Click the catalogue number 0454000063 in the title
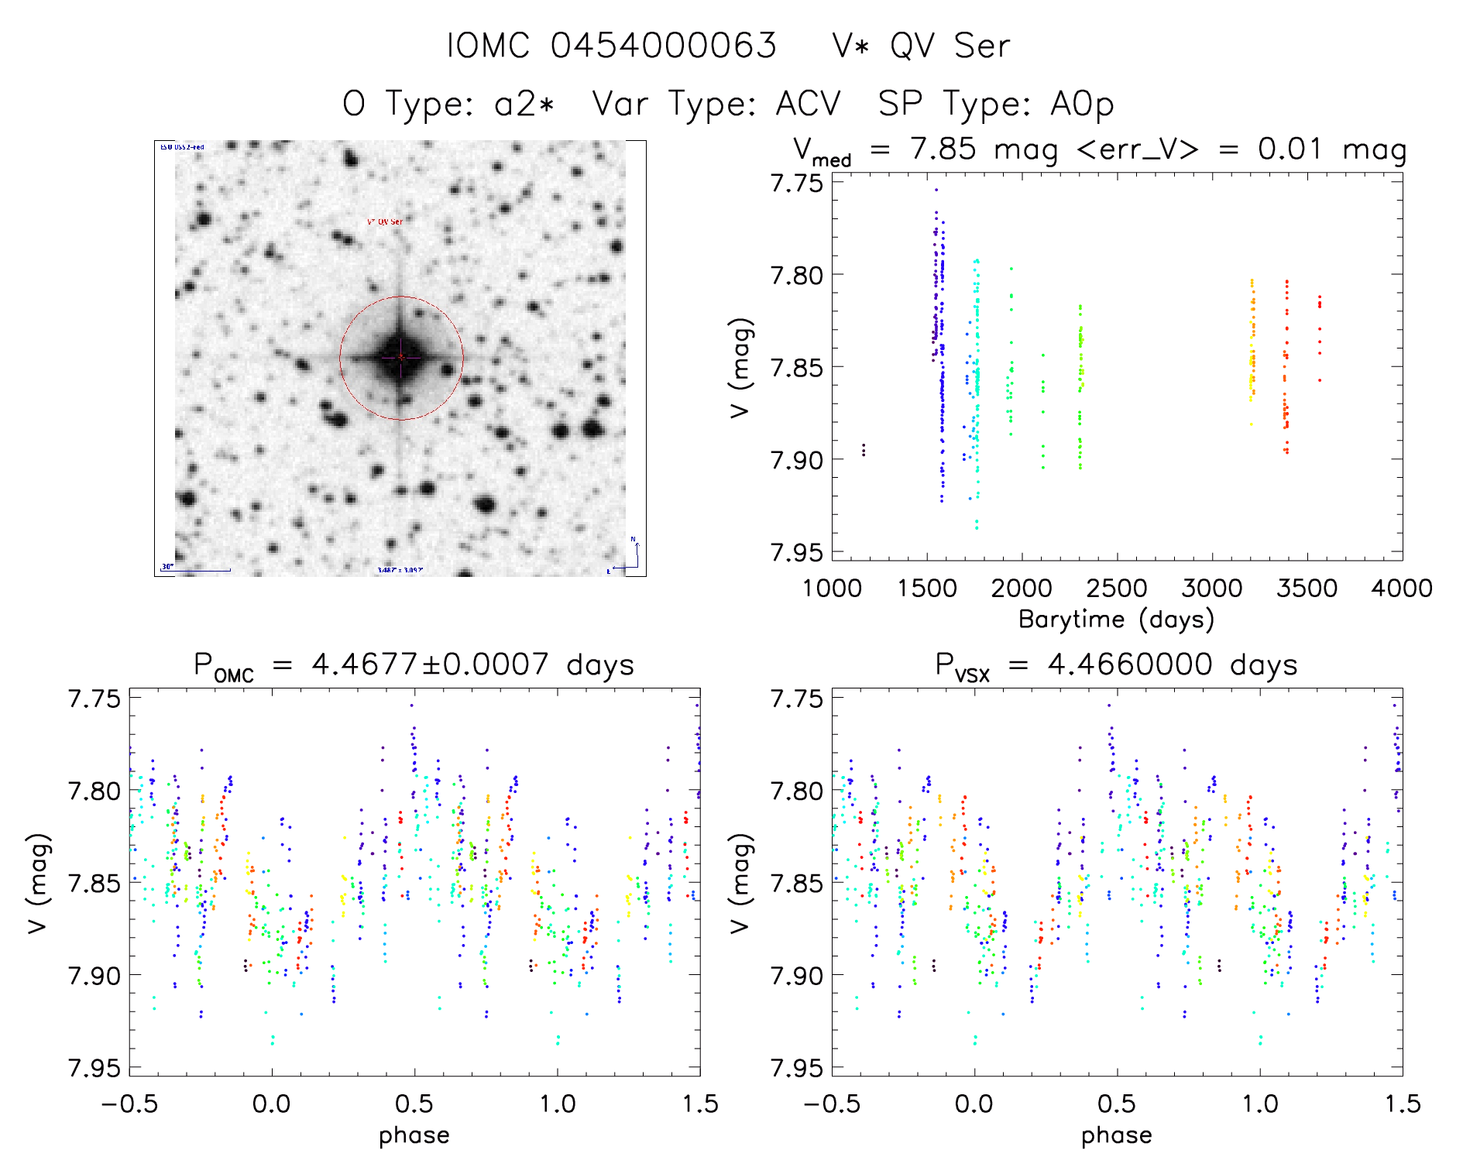point(663,46)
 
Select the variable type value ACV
point(808,104)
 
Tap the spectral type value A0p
point(1081,104)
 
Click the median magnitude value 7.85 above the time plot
point(943,149)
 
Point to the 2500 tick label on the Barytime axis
point(1117,589)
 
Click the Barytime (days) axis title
point(1116,620)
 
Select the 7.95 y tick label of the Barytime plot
point(796,552)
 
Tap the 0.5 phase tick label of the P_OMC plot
point(414,1104)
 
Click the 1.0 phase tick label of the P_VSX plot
point(1260,1104)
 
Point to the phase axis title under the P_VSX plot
point(1116,1135)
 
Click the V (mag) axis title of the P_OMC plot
point(38,883)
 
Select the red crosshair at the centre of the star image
point(401,357)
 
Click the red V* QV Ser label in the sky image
point(385,221)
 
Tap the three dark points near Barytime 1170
point(864,450)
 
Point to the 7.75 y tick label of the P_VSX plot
point(796,699)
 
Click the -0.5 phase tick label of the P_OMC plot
point(129,1104)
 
